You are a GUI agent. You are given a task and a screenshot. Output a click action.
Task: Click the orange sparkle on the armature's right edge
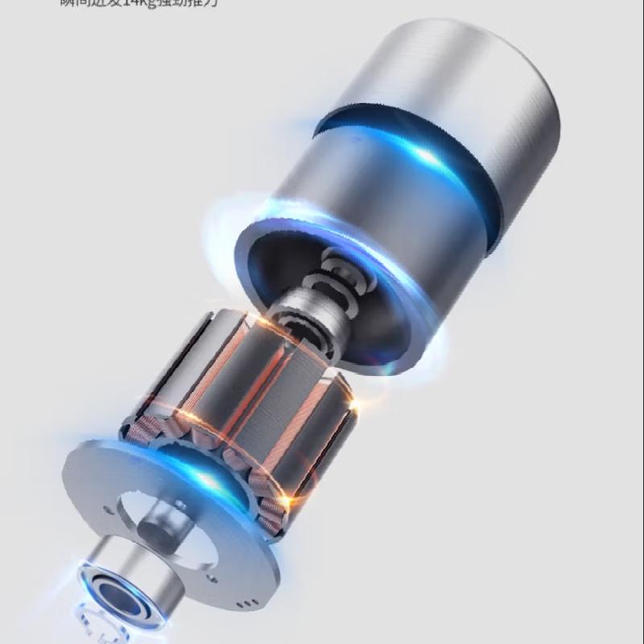click(x=353, y=400)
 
